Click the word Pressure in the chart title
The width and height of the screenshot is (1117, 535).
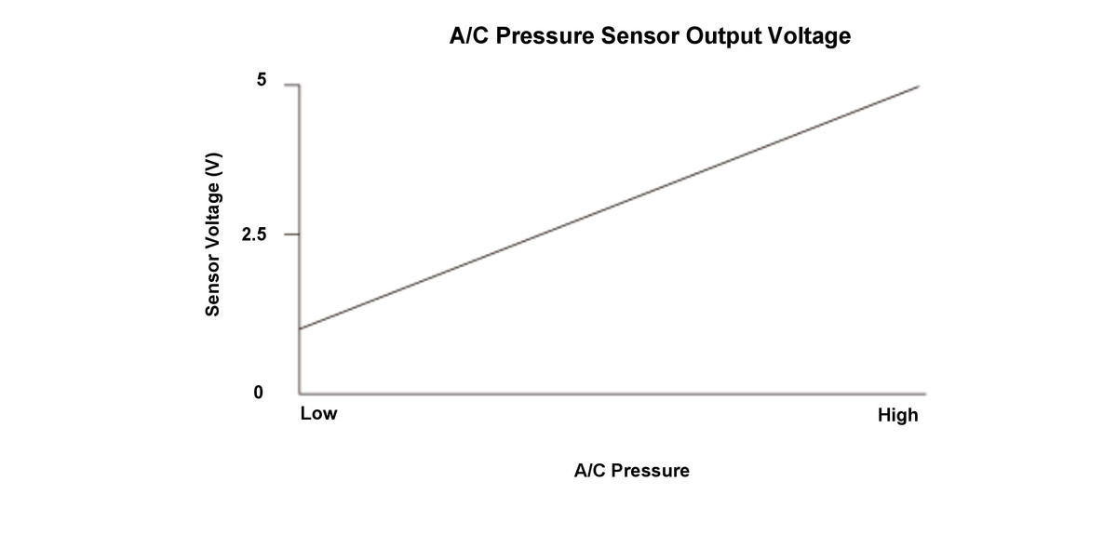(545, 37)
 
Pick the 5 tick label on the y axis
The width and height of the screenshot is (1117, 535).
(262, 81)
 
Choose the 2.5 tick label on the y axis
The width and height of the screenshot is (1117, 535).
(253, 234)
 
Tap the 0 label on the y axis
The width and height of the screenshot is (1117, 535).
(258, 393)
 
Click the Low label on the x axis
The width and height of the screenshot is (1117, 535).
(318, 414)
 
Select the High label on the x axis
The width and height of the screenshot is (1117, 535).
(897, 415)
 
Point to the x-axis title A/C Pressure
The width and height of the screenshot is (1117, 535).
(632, 471)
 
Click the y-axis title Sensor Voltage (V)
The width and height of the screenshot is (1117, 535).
(214, 234)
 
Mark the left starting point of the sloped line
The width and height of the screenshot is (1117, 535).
(300, 328)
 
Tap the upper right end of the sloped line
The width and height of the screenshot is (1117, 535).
(919, 87)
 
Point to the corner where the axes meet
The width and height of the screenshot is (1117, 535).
(300, 393)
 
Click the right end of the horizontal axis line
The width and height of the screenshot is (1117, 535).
(925, 393)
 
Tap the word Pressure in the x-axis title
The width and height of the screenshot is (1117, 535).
(649, 471)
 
